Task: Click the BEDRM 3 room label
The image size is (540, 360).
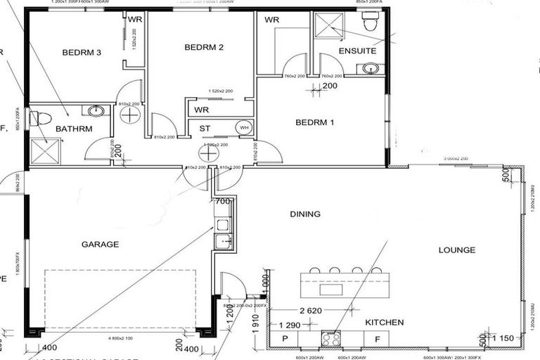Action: [x=82, y=51]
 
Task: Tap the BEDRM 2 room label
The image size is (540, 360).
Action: [x=204, y=47]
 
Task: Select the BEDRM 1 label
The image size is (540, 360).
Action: [x=314, y=122]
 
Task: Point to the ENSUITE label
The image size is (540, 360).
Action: [x=357, y=51]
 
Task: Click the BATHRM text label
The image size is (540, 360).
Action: [x=74, y=129]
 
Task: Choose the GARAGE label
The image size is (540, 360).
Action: [x=99, y=245]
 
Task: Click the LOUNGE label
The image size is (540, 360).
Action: [x=457, y=250]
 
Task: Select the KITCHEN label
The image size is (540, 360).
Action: [x=385, y=322]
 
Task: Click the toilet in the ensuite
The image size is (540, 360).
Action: [x=371, y=24]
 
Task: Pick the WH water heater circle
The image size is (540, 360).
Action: [x=244, y=127]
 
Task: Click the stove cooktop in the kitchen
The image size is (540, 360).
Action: [x=331, y=338]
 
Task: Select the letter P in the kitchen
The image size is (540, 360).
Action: [x=285, y=339]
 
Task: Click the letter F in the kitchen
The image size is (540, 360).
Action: [x=377, y=339]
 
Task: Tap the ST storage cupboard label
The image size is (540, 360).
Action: [x=205, y=128]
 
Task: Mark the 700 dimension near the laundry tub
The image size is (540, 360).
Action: [x=223, y=201]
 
